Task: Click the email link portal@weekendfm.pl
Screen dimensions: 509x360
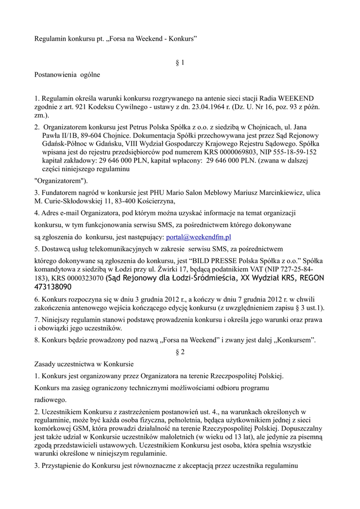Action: [x=198, y=237]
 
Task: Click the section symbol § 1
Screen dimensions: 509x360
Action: [x=180, y=63]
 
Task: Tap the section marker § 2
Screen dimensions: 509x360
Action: [x=180, y=352]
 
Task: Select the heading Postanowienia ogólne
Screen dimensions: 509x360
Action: [x=67, y=75]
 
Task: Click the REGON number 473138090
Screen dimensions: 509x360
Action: [x=53, y=287]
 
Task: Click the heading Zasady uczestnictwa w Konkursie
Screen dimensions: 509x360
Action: [x=84, y=363]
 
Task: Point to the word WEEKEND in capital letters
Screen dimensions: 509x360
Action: [x=296, y=98]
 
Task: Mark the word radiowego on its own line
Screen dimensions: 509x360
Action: [x=50, y=399]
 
